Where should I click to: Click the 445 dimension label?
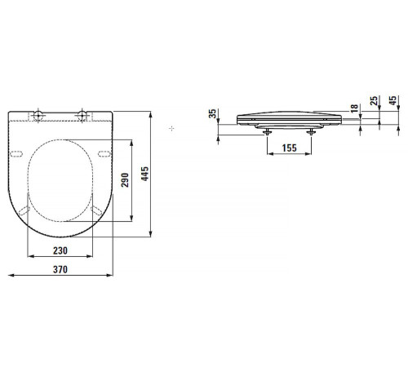coord(144,174)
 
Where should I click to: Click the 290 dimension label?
coord(125,180)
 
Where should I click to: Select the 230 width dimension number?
coord(60,250)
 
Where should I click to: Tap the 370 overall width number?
coord(60,269)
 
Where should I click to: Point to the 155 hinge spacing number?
coord(289,148)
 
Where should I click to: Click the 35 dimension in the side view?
coord(212,113)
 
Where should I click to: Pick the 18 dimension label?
coord(354,108)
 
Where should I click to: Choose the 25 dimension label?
coord(375,100)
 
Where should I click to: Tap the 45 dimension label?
coord(392,100)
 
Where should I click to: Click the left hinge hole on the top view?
coord(38,115)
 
